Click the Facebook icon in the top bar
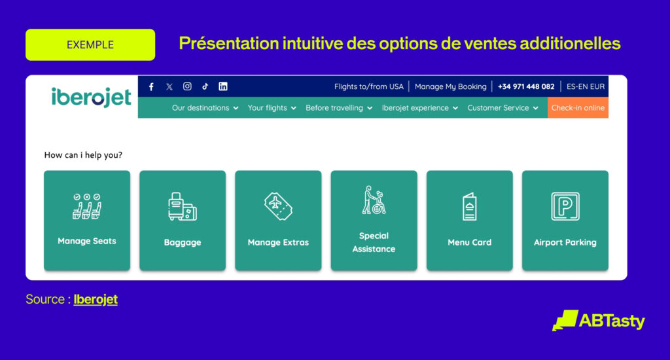coord(151,87)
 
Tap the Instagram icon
coord(187,86)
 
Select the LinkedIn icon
coord(223,86)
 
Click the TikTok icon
coord(205,86)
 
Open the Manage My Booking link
coord(450,86)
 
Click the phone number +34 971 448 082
coord(526,86)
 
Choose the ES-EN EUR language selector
coord(586,86)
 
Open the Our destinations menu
coord(205,108)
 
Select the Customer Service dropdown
coord(502,108)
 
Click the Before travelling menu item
coord(339,108)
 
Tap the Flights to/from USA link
coord(369,86)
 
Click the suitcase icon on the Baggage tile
coord(183,206)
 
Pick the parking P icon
coord(565,206)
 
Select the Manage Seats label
coord(87,241)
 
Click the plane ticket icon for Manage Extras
coord(278,206)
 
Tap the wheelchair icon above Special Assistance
coord(374,200)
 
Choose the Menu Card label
coord(470,242)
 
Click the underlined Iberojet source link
coord(96,299)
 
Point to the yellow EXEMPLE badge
coord(90,45)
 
